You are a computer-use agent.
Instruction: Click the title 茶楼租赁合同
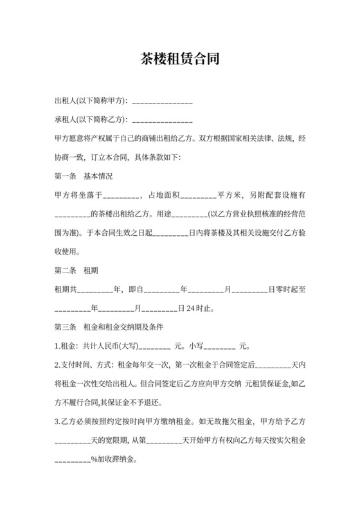pyautogui.click(x=180, y=60)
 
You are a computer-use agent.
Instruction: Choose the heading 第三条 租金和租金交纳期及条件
pyautogui.click(x=110, y=326)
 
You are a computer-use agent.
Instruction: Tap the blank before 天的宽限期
pyautogui.click(x=72, y=442)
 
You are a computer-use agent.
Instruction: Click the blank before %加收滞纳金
pyautogui.click(x=72, y=460)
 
